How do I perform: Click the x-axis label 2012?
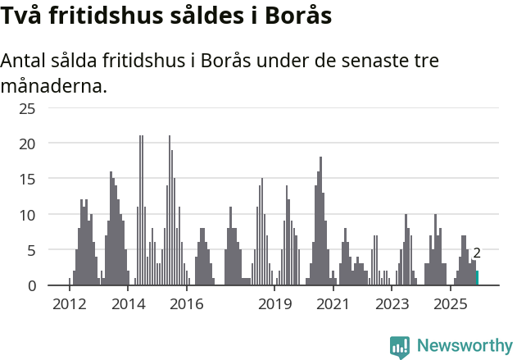click(x=70, y=304)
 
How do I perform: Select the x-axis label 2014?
click(x=129, y=304)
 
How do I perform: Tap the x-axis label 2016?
click(x=187, y=304)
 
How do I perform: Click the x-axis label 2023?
click(x=392, y=304)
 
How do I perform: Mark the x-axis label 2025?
click(x=450, y=304)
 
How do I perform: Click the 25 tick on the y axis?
click(x=27, y=108)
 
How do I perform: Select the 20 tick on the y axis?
click(x=27, y=144)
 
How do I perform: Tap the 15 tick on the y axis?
click(x=27, y=179)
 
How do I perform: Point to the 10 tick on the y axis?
click(x=27, y=215)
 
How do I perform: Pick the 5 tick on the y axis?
click(x=31, y=250)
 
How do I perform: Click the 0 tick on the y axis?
click(x=31, y=285)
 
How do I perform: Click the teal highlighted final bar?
click(x=477, y=278)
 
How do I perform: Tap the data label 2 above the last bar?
click(x=477, y=253)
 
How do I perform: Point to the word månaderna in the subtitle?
click(x=53, y=85)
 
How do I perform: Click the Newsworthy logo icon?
click(x=400, y=347)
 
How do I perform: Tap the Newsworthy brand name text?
click(x=464, y=346)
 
